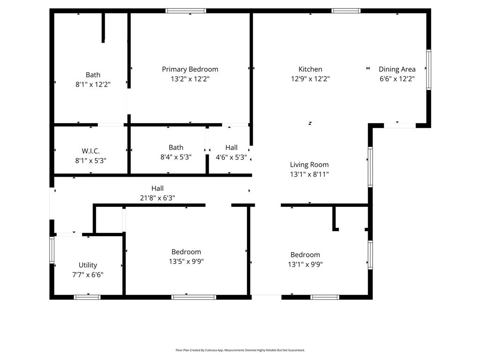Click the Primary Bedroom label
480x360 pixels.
pyautogui.click(x=190, y=69)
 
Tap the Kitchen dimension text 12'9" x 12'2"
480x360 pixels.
pyautogui.click(x=310, y=79)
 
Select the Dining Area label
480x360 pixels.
pyautogui.click(x=397, y=69)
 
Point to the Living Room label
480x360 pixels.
pyautogui.click(x=309, y=165)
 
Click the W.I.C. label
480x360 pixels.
pyautogui.click(x=90, y=151)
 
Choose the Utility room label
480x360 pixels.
pyautogui.click(x=88, y=265)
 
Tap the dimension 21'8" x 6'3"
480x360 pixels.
pyautogui.click(x=157, y=198)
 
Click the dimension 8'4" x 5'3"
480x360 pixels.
pyautogui.click(x=176, y=157)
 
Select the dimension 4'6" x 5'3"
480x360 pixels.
pyautogui.click(x=231, y=157)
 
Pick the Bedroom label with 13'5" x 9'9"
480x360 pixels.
pyautogui.click(x=186, y=252)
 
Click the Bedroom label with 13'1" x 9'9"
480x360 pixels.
pyautogui.click(x=305, y=255)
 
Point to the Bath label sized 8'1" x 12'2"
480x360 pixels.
pyautogui.click(x=93, y=75)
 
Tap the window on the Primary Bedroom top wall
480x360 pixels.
pyautogui.click(x=186, y=10)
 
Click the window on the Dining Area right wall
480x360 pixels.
pyautogui.click(x=428, y=70)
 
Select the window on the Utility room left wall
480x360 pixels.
pyautogui.click(x=52, y=250)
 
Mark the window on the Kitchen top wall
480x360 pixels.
pyautogui.click(x=346, y=10)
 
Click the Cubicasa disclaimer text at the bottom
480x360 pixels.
pyautogui.click(x=240, y=350)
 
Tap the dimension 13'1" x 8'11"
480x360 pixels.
pyautogui.click(x=309, y=174)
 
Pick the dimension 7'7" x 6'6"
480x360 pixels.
pyautogui.click(x=88, y=275)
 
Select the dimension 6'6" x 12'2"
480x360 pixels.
pyautogui.click(x=397, y=79)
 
